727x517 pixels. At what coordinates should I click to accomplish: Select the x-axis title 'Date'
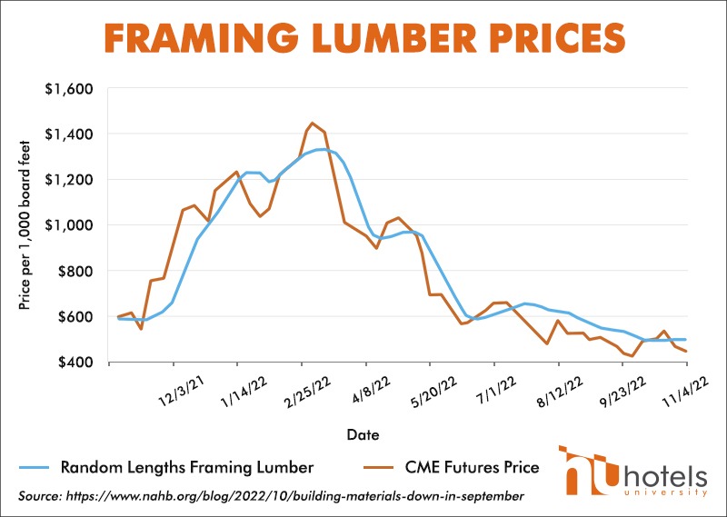(363, 434)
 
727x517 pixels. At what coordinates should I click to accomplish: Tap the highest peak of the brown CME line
(312, 123)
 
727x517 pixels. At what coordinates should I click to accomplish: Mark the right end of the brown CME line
(685, 351)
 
